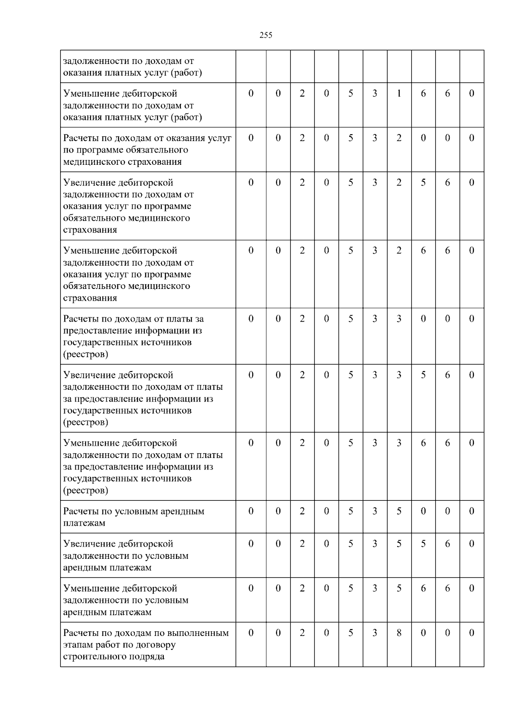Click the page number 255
point(266,35)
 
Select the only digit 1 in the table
point(399,94)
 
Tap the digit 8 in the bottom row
point(399,633)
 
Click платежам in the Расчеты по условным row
point(84,523)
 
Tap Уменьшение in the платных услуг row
point(91,94)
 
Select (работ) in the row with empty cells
point(187,73)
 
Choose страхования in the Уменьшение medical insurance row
point(90,298)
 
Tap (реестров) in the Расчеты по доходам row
point(86,354)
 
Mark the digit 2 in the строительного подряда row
point(302,633)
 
